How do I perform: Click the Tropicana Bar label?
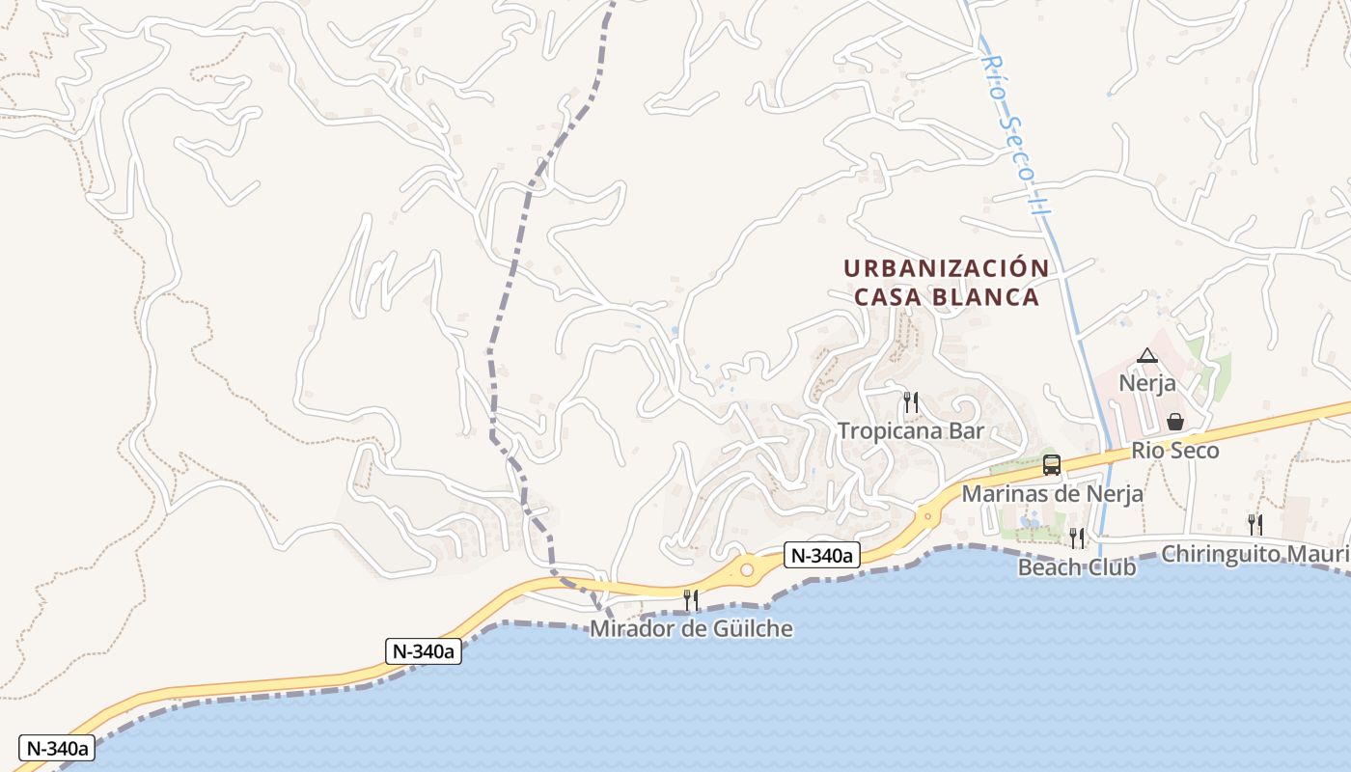[x=910, y=430]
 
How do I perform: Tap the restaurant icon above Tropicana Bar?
[x=910, y=401]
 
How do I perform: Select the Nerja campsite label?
[x=1147, y=383]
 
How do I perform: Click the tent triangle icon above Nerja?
[x=1146, y=355]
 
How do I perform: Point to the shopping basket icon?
[x=1174, y=422]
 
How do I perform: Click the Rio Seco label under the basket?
[x=1174, y=451]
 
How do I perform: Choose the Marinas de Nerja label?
[x=1053, y=494]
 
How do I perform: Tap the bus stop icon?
[x=1052, y=465]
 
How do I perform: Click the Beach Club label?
[x=1076, y=566]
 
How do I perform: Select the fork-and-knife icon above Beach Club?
[x=1076, y=538]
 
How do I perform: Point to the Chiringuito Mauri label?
[x=1254, y=554]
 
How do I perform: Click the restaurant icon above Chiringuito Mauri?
[x=1254, y=525]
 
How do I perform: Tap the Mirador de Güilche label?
[x=691, y=629]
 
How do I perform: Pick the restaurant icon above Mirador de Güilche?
[x=691, y=600]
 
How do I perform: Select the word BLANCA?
[x=985, y=297]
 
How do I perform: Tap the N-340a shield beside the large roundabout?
[x=821, y=555]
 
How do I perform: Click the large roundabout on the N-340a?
[x=746, y=570]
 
